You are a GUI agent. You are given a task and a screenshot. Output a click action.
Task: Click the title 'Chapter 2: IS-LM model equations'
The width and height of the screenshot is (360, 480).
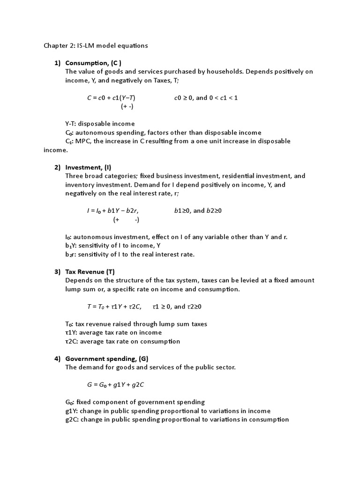click(x=96, y=45)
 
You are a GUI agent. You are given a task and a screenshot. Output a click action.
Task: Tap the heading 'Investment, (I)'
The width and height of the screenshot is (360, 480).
click(x=88, y=167)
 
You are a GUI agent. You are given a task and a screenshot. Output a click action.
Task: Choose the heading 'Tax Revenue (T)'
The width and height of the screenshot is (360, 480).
click(x=90, y=272)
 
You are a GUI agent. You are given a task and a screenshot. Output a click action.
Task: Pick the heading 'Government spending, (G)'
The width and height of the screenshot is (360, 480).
click(x=106, y=359)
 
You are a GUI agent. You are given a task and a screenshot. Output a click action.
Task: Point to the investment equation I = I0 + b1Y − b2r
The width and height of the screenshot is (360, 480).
click(x=113, y=211)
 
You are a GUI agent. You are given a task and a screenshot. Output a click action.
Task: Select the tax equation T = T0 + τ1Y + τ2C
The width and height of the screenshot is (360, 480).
click(x=114, y=307)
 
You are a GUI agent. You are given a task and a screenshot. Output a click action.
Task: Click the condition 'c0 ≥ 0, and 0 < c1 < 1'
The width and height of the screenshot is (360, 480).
click(x=206, y=98)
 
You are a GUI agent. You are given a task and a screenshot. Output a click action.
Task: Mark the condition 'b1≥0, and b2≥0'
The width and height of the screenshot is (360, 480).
click(x=198, y=211)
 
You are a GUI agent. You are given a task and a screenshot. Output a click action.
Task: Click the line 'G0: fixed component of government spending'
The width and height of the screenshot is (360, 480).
click(x=135, y=402)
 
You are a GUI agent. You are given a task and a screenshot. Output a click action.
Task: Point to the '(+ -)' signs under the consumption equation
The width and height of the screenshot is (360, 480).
click(x=127, y=106)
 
